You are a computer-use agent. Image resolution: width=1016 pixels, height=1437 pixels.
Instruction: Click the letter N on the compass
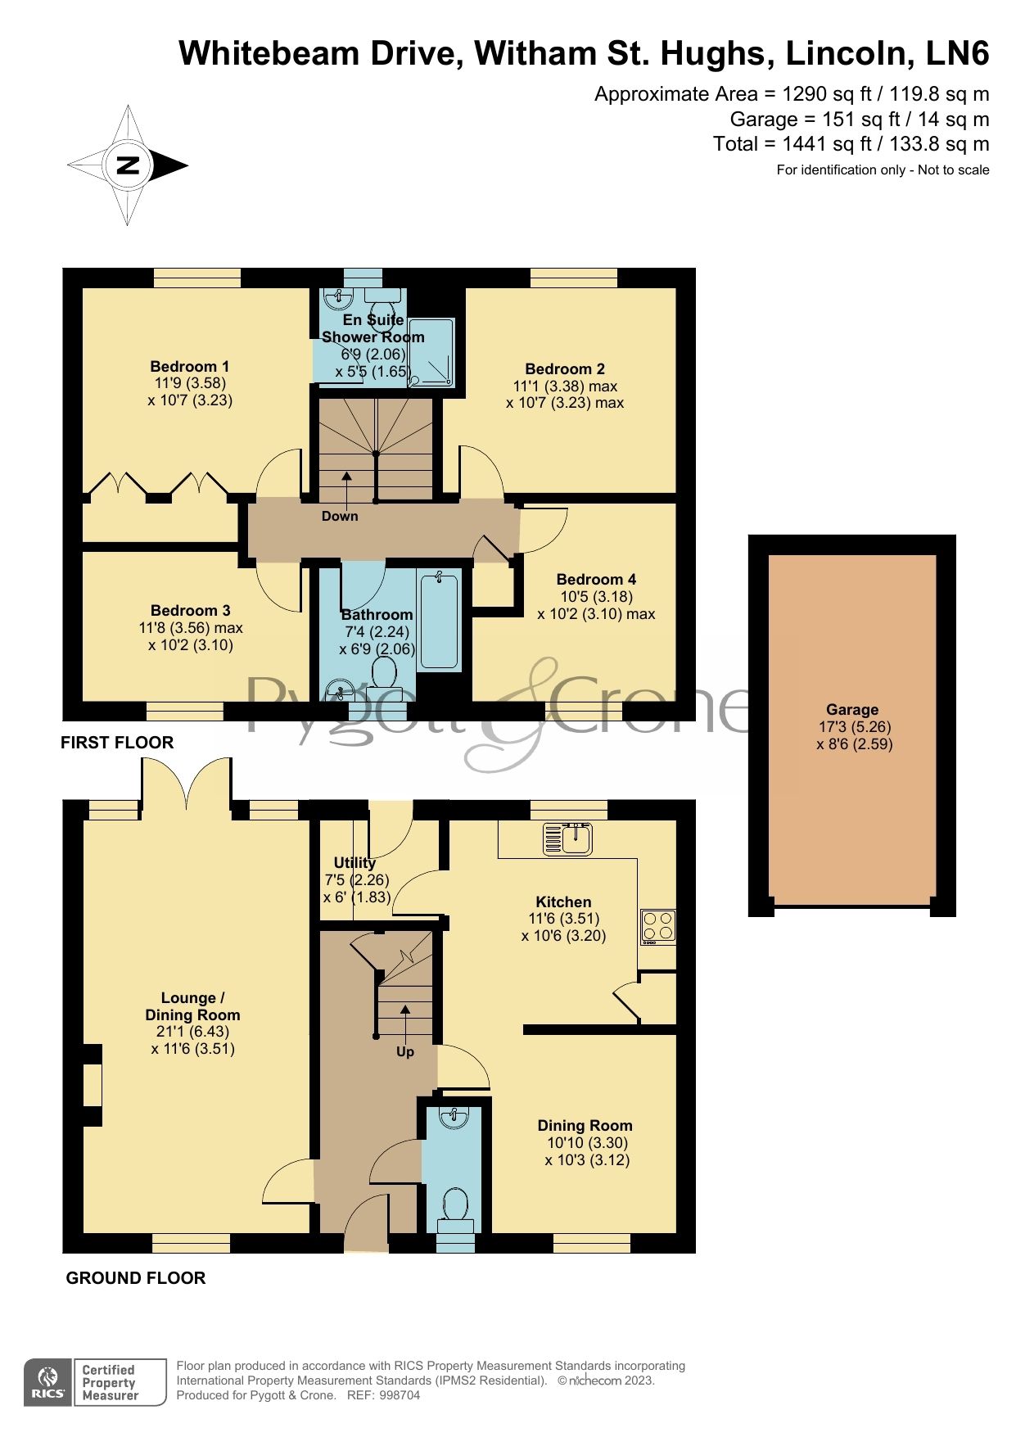[x=128, y=165]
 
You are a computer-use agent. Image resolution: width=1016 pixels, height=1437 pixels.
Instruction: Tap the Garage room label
[x=852, y=710]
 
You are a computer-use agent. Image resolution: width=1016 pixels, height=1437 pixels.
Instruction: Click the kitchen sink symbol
[x=568, y=838]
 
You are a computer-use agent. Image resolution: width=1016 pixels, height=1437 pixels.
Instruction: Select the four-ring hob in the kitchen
[x=658, y=926]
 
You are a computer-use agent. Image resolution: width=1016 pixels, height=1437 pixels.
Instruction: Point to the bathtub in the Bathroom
[x=439, y=620]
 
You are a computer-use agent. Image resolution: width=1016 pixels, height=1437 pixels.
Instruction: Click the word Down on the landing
[x=340, y=516]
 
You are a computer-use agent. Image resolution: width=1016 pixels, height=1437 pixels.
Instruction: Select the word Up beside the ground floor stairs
[x=405, y=1051]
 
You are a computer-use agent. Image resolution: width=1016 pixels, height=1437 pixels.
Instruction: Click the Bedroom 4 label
[x=596, y=579]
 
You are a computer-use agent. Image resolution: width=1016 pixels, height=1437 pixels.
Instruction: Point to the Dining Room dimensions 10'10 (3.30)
[x=587, y=1142]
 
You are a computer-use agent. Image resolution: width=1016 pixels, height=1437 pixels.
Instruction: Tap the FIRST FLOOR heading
[x=117, y=743]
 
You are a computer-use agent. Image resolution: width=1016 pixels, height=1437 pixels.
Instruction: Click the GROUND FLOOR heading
[x=136, y=1278]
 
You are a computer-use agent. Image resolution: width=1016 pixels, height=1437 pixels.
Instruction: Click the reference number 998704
[x=400, y=1395]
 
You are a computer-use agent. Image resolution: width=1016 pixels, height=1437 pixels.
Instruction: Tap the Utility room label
[x=354, y=862]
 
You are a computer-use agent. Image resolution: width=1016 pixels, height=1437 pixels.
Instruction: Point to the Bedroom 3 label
[x=191, y=610]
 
